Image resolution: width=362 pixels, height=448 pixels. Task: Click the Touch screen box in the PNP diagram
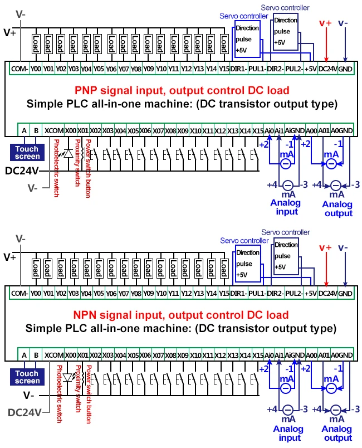(x=27, y=153)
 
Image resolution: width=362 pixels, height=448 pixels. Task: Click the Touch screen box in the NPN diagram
(x=27, y=377)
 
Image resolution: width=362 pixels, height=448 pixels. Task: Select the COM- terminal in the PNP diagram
(x=19, y=69)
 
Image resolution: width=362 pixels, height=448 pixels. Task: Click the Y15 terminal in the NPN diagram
(x=224, y=293)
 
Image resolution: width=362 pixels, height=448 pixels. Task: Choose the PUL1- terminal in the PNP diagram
(x=257, y=69)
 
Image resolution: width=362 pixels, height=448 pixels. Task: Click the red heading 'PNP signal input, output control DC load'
(x=182, y=90)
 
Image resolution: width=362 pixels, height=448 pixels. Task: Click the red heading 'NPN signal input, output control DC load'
(x=182, y=315)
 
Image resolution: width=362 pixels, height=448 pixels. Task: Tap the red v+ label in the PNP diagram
(x=325, y=23)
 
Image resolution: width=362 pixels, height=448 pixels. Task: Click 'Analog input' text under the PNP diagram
(x=285, y=207)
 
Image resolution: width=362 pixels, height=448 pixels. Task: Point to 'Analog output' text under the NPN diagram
(x=336, y=433)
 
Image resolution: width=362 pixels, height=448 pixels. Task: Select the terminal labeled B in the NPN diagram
(x=36, y=355)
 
